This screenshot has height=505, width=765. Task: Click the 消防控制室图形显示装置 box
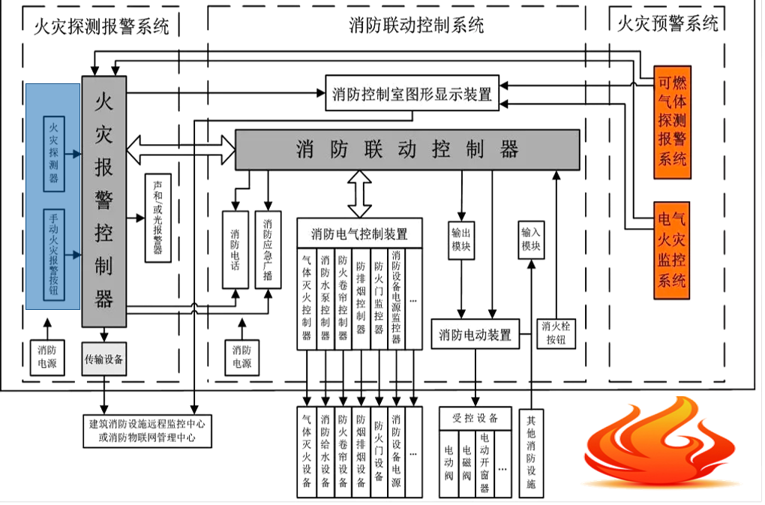[412, 94]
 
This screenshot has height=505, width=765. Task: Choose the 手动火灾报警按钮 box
[54, 255]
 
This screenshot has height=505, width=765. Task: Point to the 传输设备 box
[103, 360]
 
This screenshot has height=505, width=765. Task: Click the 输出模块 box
[461, 239]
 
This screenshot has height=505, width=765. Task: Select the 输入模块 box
[531, 239]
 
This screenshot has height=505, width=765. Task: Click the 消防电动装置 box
[475, 335]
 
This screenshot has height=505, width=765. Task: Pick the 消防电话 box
[235, 249]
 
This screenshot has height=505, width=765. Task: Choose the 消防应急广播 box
[268, 249]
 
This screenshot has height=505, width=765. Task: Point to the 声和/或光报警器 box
[157, 218]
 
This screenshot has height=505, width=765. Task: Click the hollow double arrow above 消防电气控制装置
[359, 194]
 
